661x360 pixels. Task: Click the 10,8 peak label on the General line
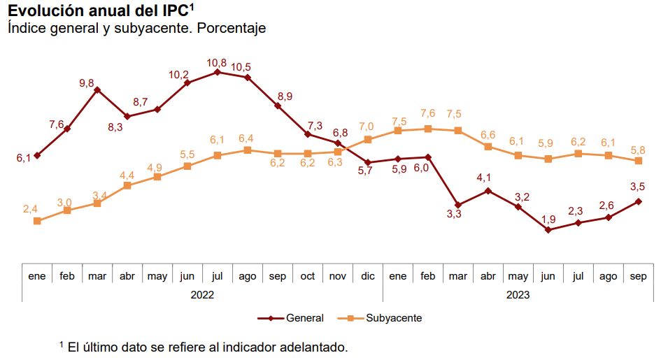coord(217,63)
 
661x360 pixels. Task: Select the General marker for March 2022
coord(97,90)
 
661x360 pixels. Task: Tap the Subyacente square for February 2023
coord(428,129)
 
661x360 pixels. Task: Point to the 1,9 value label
coord(548,219)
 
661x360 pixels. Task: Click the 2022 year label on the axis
coord(202,295)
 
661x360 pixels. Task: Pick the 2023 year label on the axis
coord(518,295)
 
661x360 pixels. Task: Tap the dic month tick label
coord(368,276)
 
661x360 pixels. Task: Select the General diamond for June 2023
coord(548,229)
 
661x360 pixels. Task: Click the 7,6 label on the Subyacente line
coord(428,113)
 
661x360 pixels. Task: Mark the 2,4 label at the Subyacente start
coord(30,209)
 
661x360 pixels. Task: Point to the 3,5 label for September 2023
coord(638,187)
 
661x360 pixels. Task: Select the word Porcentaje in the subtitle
coord(233,29)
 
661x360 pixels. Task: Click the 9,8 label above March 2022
coord(87,83)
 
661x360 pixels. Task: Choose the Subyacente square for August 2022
coord(247,150)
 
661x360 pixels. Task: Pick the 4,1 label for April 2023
coord(484,178)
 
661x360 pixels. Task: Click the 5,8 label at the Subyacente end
coord(638,150)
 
